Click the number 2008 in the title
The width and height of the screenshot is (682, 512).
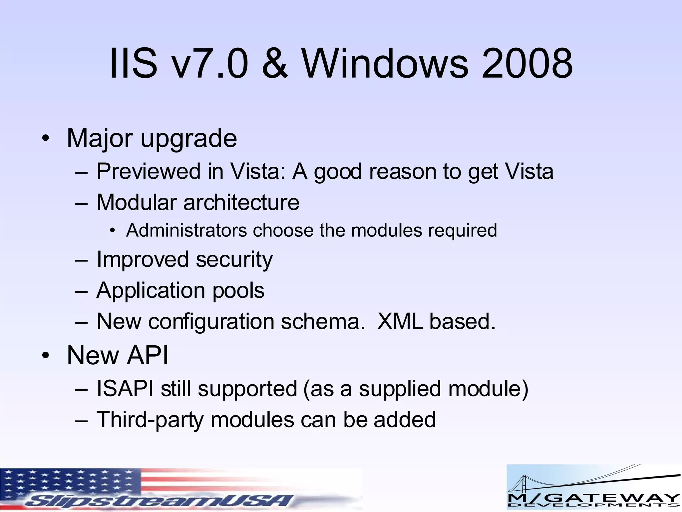527,63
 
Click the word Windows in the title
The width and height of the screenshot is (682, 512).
385,63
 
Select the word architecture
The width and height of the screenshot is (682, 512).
241,202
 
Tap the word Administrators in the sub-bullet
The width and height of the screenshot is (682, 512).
186,230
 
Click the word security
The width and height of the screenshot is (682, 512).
234,259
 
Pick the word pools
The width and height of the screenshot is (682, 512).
238,290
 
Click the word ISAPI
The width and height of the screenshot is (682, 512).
125,389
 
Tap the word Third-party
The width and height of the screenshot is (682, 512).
150,420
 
